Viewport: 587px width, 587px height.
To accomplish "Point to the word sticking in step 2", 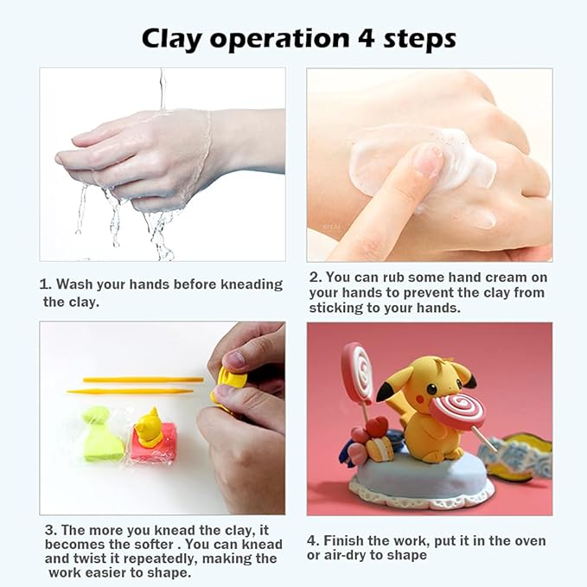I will tap(338, 307).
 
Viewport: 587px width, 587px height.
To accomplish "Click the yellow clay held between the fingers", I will tap(228, 385).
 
